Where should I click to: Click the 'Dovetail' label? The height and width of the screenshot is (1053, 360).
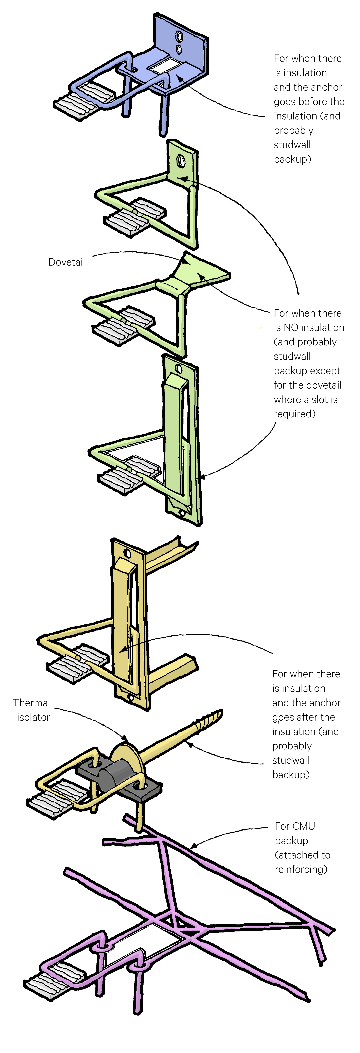67,262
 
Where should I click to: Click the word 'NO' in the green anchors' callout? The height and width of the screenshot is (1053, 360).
291,327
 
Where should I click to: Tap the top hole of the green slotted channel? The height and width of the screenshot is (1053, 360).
179,369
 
